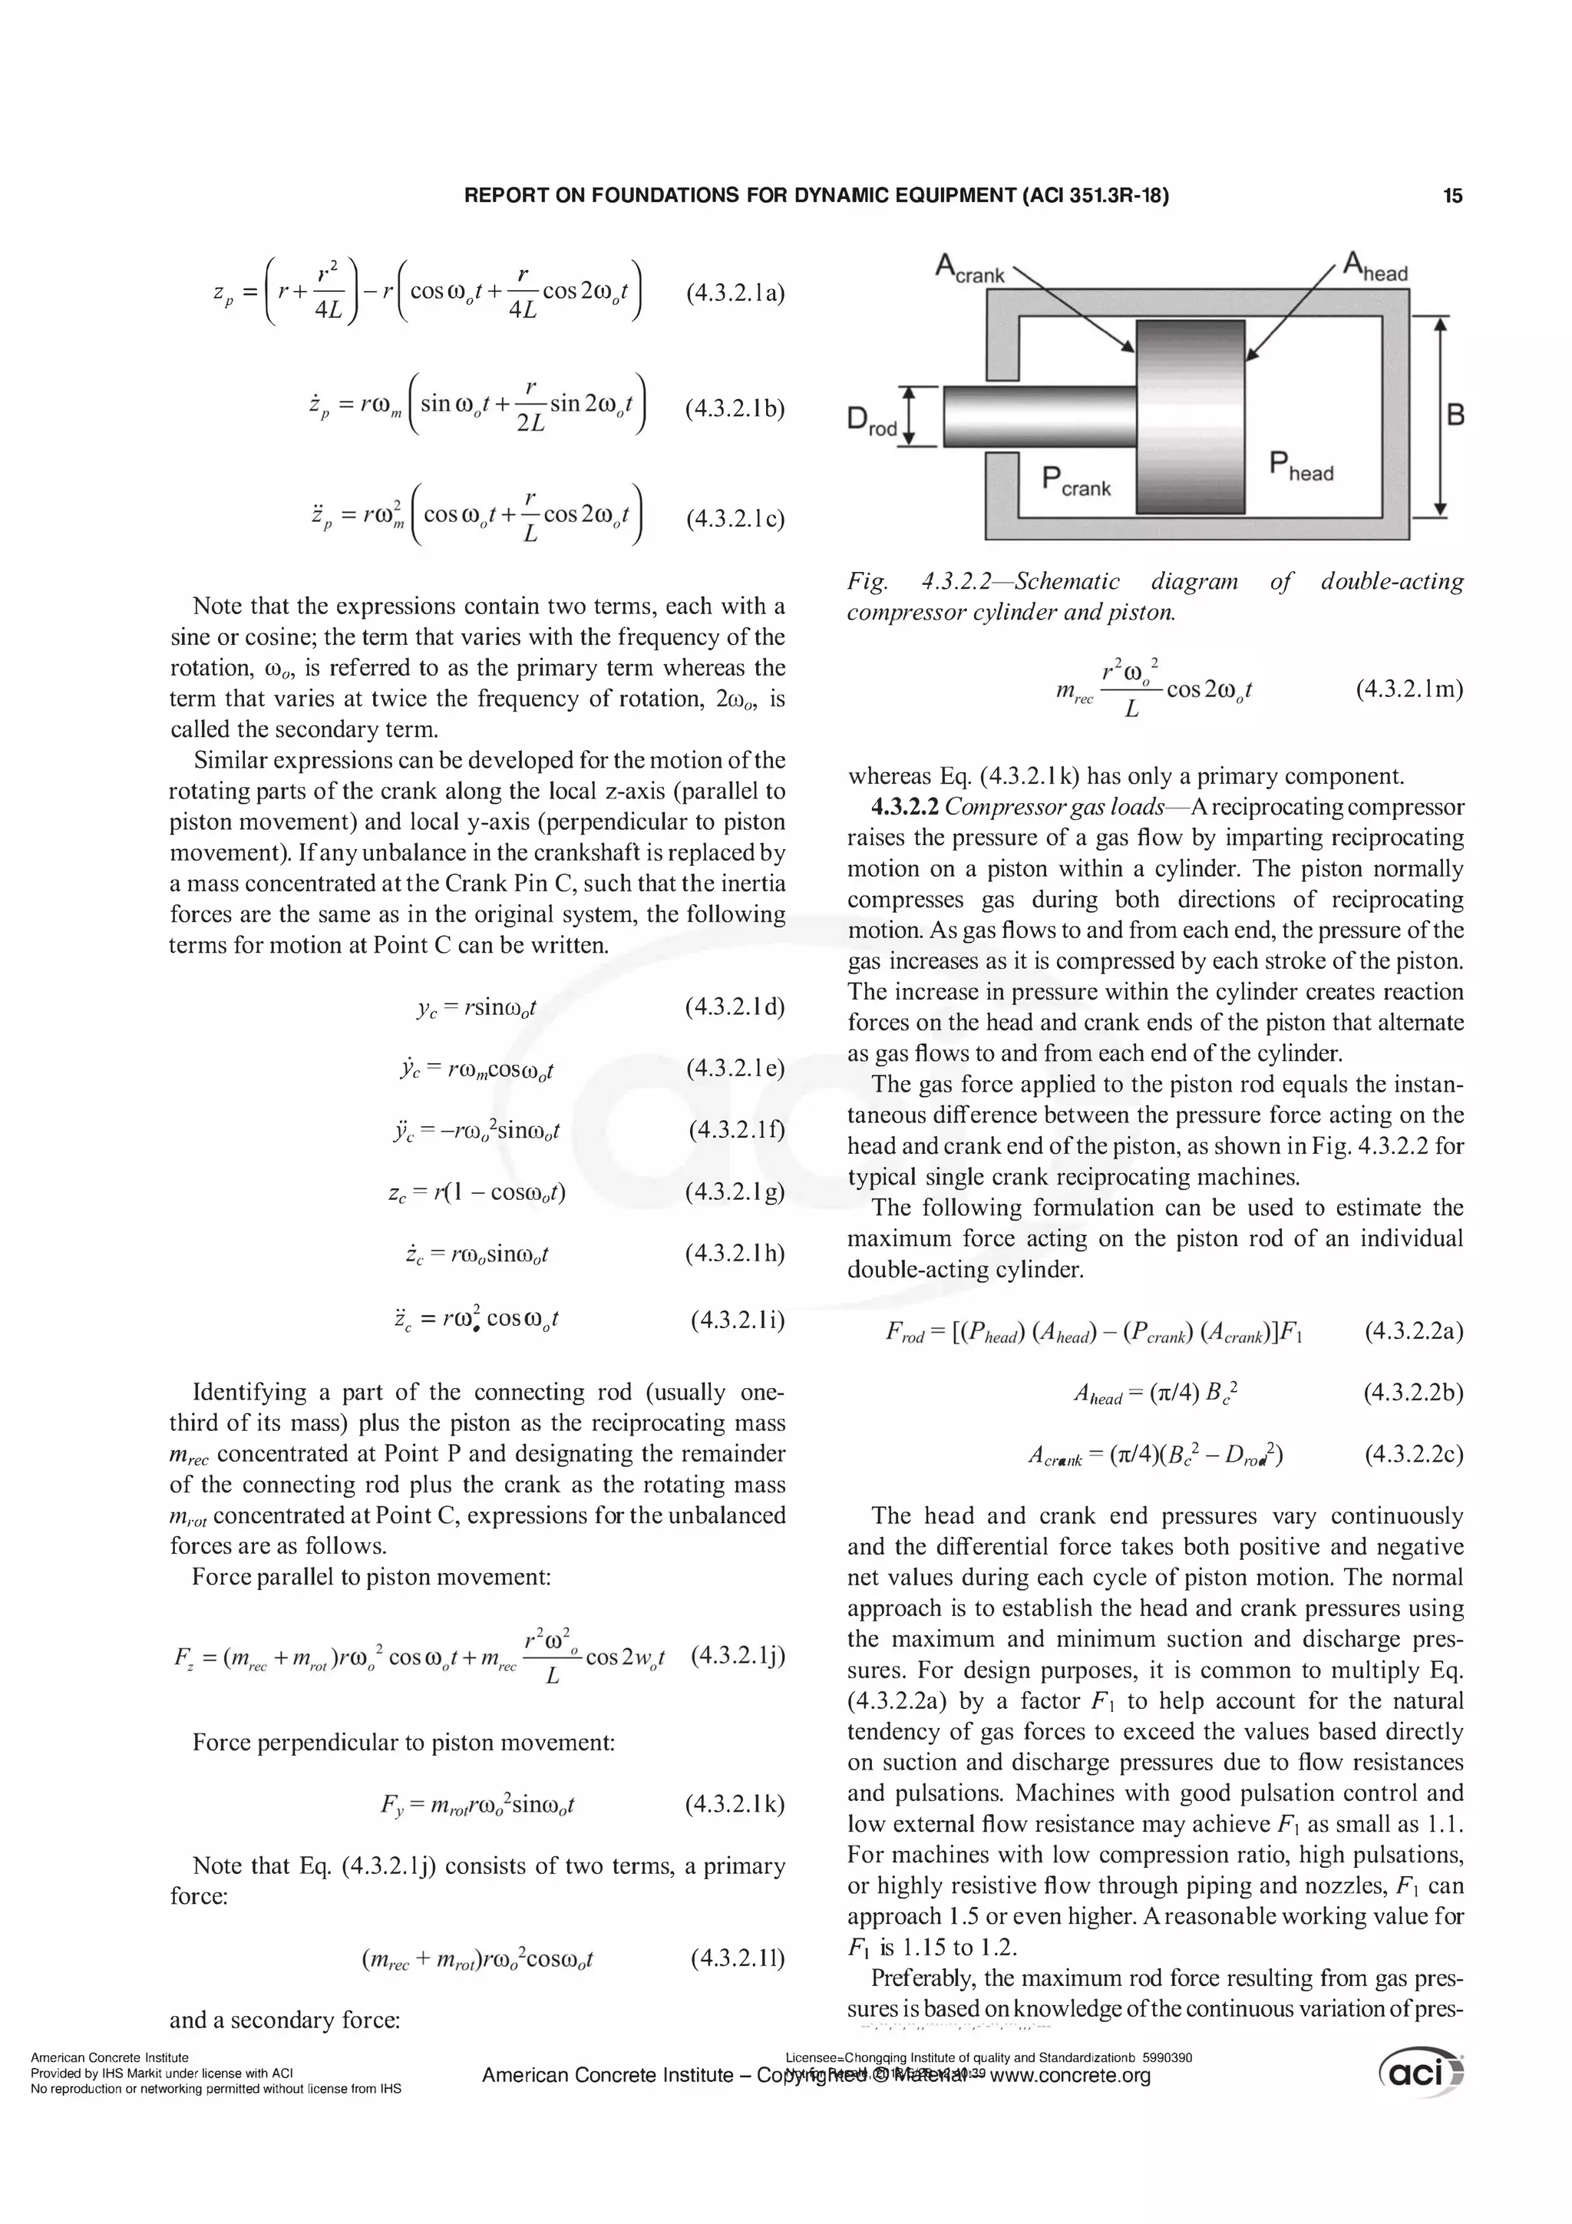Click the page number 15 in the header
pos(1452,196)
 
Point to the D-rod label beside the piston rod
pos(872,421)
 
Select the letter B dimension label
pos(1455,415)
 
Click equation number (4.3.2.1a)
pos(734,292)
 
